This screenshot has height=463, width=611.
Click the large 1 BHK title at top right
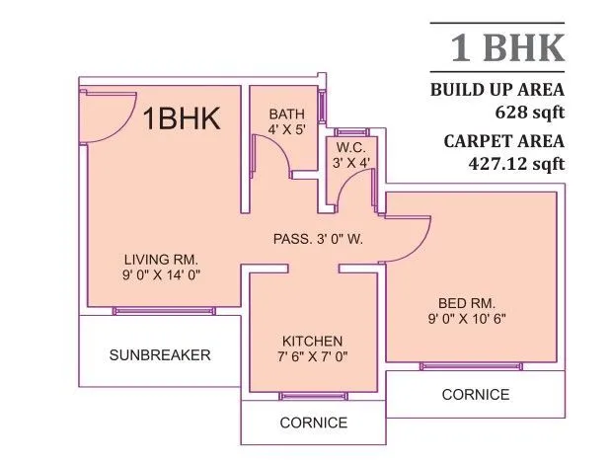pos(507,47)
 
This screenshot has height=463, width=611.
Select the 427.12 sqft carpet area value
pos(516,163)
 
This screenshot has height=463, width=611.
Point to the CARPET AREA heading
pos(503,141)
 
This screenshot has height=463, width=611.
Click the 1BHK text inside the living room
pos(182,119)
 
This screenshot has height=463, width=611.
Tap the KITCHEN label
pos(313,340)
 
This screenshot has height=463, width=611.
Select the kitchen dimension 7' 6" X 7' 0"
pos(313,355)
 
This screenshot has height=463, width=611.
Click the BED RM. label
pos(467,302)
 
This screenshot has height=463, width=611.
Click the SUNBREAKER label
pos(160,354)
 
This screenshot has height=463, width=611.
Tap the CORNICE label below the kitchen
pos(313,423)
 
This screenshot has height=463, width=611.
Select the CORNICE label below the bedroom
pos(476,394)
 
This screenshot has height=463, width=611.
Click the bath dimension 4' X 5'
pos(287,129)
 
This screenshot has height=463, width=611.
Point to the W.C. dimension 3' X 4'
pos(351,163)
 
